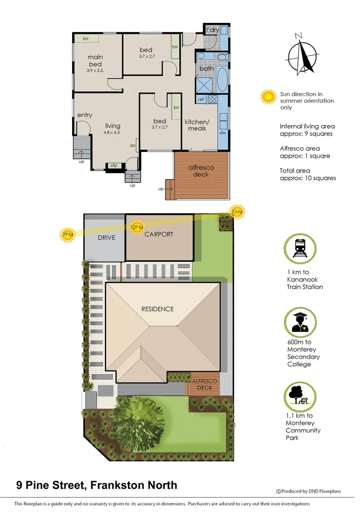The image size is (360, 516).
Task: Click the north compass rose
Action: (x=303, y=54)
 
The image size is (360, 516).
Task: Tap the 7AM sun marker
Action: (x=236, y=212)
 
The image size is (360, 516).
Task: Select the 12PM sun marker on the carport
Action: (x=137, y=227)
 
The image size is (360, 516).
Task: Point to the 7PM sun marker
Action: (x=68, y=235)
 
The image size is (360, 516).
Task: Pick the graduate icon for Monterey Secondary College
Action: (x=300, y=321)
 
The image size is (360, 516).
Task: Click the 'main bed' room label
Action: (x=95, y=61)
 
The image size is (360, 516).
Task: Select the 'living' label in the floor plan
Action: (x=113, y=126)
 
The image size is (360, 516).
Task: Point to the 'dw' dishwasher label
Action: (x=222, y=132)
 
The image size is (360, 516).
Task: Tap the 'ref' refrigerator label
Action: (x=201, y=99)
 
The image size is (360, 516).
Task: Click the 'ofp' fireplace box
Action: (x=114, y=166)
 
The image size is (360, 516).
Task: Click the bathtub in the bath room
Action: (x=222, y=79)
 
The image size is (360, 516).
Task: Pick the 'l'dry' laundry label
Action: (x=212, y=30)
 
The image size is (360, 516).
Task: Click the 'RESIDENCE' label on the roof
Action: (x=158, y=309)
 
